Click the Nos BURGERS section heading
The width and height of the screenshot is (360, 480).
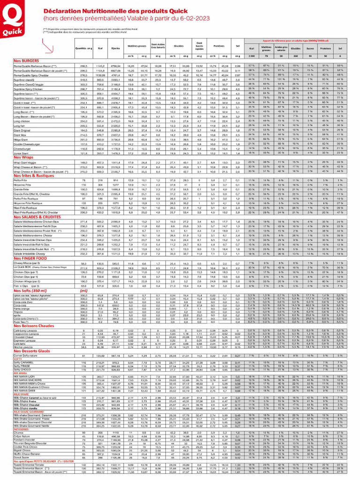[x=27, y=61]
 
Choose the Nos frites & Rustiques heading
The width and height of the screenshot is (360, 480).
[x=36, y=188]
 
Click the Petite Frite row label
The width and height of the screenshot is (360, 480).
[x=21, y=193]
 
